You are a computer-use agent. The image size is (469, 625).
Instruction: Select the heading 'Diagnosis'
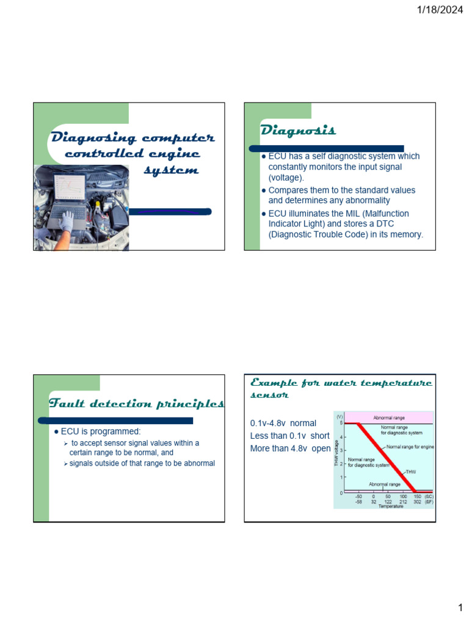(x=298, y=130)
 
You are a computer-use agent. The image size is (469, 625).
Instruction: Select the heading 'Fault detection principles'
(x=136, y=403)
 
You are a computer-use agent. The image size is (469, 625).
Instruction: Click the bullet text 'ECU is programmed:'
(x=101, y=432)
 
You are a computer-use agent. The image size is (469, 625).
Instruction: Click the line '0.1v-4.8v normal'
(x=283, y=422)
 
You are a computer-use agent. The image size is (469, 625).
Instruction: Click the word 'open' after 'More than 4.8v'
(x=321, y=449)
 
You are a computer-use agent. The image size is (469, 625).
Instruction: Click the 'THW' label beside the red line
(x=411, y=472)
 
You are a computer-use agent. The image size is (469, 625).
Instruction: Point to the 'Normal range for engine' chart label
(x=410, y=447)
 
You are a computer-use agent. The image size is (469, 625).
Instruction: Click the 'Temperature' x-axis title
(x=390, y=506)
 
